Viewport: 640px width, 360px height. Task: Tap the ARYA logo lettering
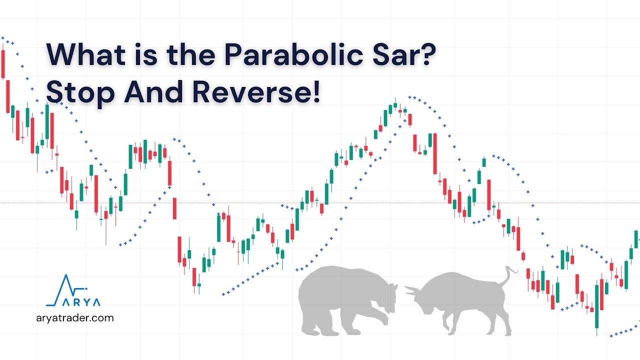click(x=80, y=302)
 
